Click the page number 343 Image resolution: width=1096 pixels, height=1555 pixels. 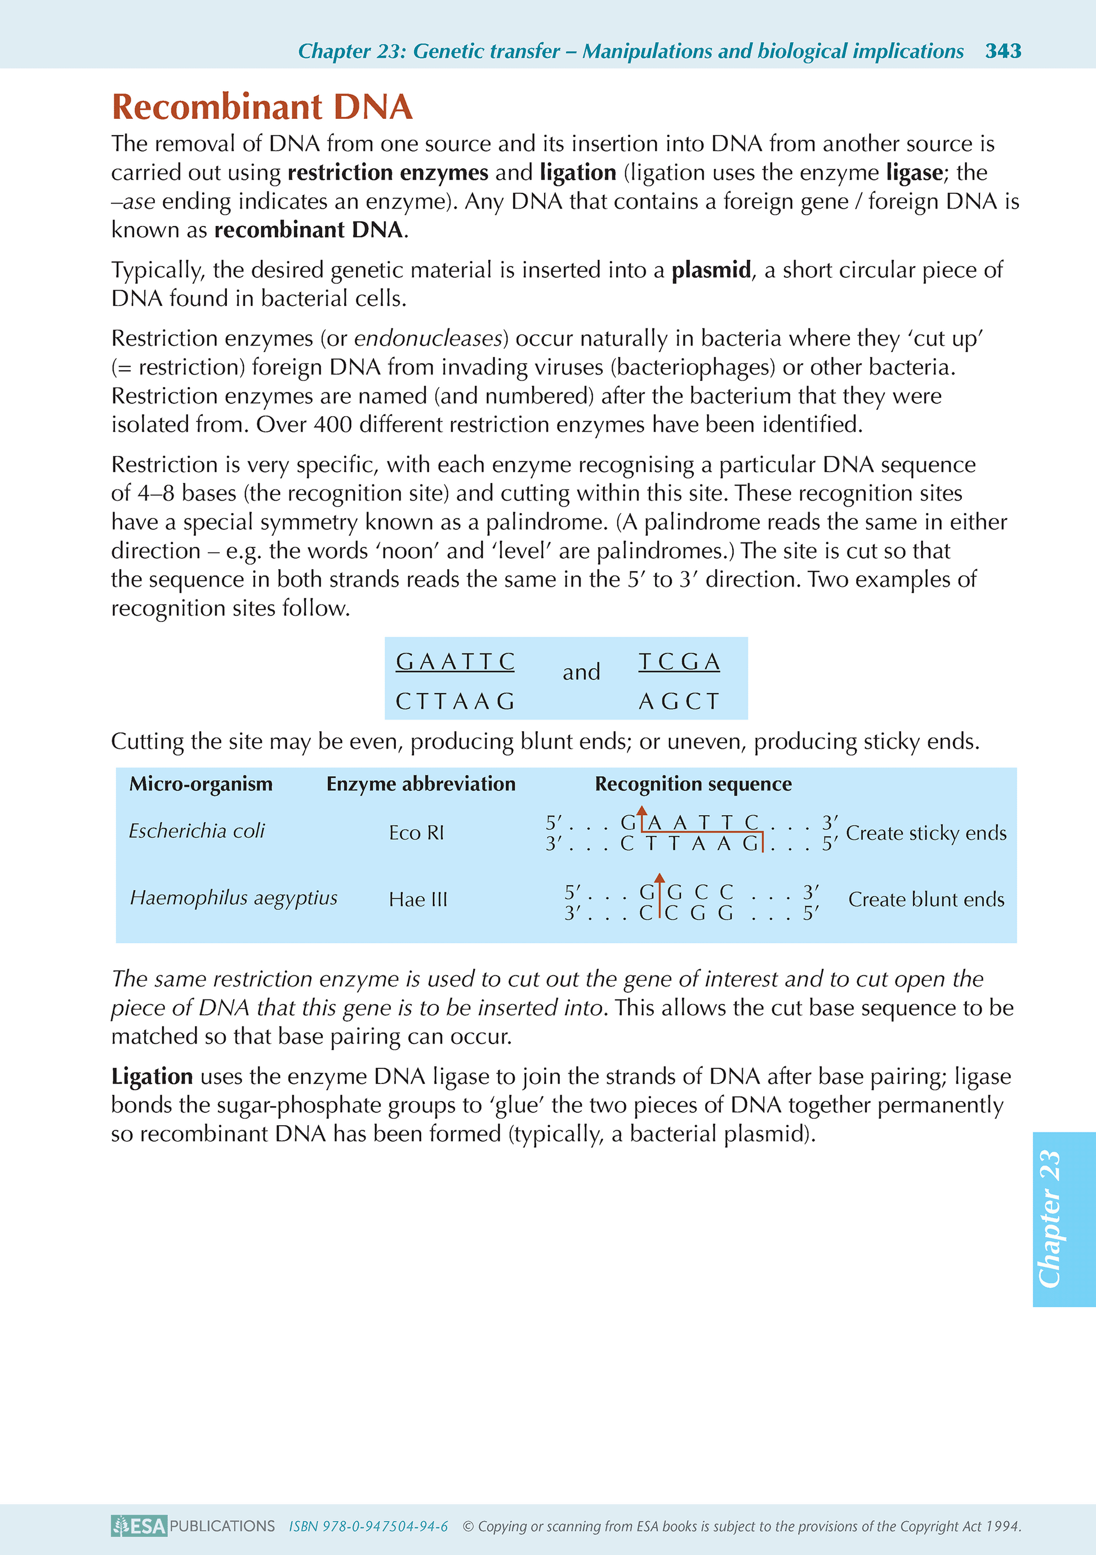tap(1003, 51)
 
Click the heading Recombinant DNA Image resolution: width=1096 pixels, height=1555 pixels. tap(262, 107)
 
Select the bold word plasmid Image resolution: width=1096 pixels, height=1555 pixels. tap(711, 270)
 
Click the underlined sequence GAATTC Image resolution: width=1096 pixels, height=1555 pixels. tap(455, 661)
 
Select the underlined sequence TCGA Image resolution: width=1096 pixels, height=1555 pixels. tap(679, 661)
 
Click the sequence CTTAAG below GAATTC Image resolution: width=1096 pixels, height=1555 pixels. tap(455, 701)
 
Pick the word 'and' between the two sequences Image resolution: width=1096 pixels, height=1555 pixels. tap(581, 672)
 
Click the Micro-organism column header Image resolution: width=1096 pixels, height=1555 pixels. tap(201, 784)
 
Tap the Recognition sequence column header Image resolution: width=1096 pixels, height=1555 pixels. tap(693, 784)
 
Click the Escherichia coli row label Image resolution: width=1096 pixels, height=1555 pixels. tap(197, 831)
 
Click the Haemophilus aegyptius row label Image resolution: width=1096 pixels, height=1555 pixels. tap(234, 898)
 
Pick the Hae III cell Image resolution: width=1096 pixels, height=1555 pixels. tap(418, 899)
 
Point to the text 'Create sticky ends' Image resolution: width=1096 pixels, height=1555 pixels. tap(925, 833)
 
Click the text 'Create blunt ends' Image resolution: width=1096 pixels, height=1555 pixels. tap(925, 899)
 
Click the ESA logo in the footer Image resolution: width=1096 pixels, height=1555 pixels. tap(139, 1526)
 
